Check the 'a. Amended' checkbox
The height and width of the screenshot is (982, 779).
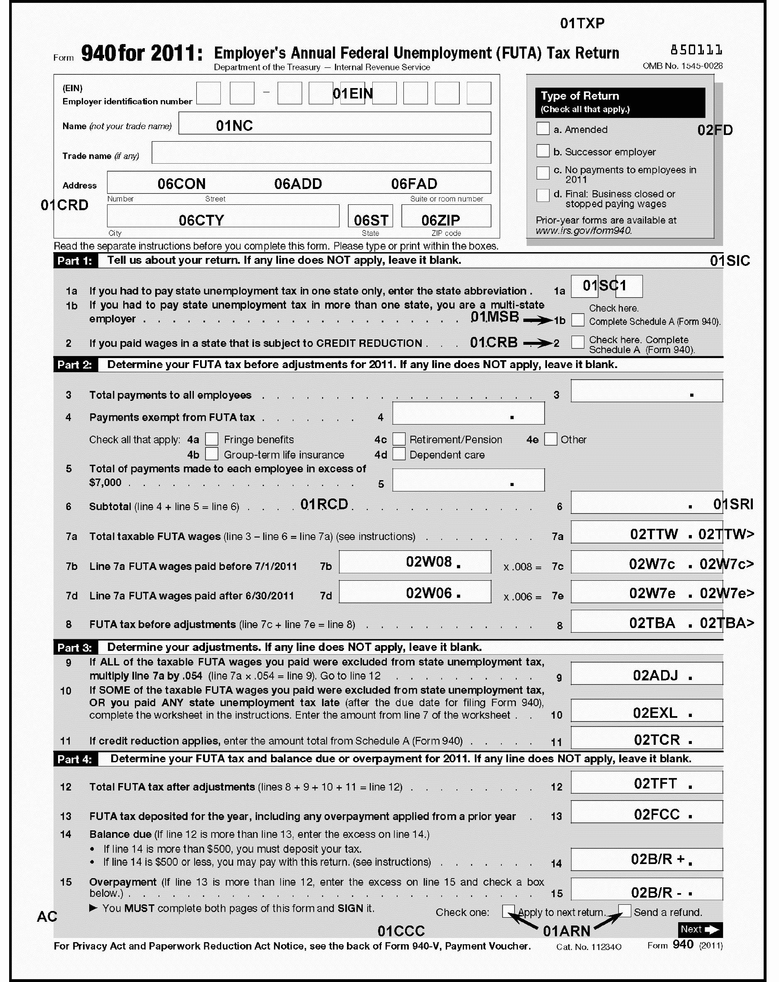point(542,128)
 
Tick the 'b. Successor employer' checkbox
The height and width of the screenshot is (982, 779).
point(542,151)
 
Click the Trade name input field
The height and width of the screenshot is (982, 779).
point(321,152)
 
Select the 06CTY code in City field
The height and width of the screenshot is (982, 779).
point(201,221)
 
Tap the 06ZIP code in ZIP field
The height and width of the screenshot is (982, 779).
point(440,221)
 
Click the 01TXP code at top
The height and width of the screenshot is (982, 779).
point(582,23)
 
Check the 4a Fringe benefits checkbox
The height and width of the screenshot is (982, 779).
point(212,439)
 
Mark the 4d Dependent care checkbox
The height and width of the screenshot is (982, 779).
point(399,454)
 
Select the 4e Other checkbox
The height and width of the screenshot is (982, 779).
point(551,439)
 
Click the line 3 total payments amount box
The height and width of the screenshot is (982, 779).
point(646,391)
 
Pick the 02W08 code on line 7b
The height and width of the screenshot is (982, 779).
point(429,562)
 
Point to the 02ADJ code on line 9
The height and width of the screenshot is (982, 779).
point(655,675)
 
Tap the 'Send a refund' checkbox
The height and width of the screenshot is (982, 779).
point(625,911)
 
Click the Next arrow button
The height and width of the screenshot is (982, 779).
point(700,930)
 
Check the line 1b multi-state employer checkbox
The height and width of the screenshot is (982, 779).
point(577,320)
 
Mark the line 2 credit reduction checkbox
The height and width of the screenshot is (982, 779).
point(577,342)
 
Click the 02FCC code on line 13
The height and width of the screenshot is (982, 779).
point(657,814)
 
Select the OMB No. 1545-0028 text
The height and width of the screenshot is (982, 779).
point(682,66)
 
